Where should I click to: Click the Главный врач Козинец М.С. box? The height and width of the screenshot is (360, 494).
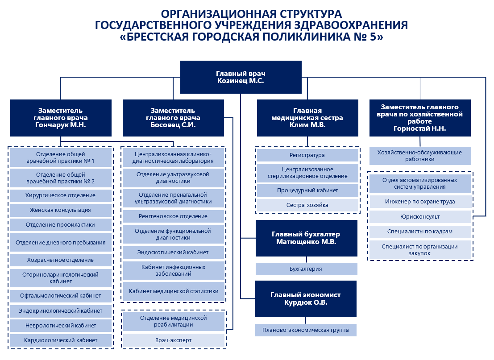[x=241, y=77]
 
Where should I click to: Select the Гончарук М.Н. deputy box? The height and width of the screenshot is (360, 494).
[x=61, y=118]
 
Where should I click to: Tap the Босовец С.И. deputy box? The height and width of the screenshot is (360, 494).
[x=173, y=118]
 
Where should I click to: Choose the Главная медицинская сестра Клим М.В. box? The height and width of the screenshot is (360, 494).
[x=307, y=118]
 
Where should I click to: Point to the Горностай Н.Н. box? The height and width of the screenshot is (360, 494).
[x=420, y=118]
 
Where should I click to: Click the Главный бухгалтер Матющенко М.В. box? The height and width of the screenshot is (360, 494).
[x=307, y=238]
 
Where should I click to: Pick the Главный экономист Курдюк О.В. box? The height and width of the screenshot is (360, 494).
[x=306, y=299]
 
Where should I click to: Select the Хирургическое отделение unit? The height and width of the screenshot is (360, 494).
[x=61, y=195]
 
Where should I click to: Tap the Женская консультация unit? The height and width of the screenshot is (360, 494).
[x=61, y=210]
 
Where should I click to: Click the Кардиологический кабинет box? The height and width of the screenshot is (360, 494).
[x=61, y=340]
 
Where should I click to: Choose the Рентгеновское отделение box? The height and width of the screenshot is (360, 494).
[x=173, y=216]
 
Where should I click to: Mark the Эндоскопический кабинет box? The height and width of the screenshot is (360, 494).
[x=173, y=252]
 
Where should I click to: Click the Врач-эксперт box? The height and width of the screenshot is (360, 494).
[x=174, y=340]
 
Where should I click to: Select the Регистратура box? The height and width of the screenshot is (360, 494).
[x=307, y=155]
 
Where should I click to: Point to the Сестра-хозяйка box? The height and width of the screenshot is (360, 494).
[x=307, y=205]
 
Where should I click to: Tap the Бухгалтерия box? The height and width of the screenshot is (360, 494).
[x=307, y=269]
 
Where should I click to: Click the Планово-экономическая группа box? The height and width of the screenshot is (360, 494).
[x=306, y=330]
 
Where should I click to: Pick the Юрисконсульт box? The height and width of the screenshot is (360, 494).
[x=420, y=217]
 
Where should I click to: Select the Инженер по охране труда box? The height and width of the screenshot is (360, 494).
[x=420, y=202]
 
